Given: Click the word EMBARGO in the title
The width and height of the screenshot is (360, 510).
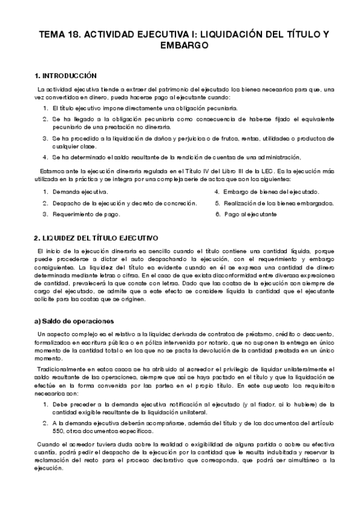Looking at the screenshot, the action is coord(180,45).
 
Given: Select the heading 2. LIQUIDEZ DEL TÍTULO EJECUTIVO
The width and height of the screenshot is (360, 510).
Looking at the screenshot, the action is coord(96,238).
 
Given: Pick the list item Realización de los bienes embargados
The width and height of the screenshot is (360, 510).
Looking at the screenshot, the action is coord(278,203).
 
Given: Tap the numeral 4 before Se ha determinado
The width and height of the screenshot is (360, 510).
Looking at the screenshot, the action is coord(45,157).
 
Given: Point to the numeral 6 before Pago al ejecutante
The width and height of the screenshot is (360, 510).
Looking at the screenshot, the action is coord(217,214).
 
